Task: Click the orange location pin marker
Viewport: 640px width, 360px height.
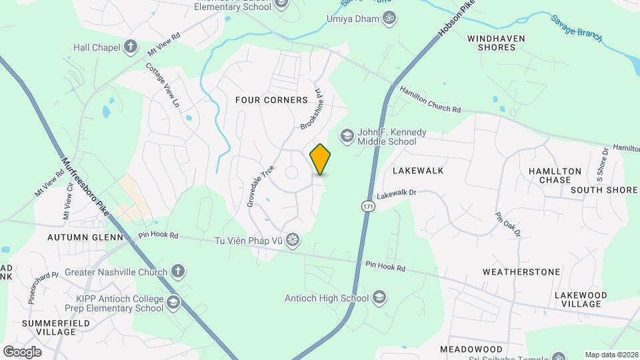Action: coord(321,159)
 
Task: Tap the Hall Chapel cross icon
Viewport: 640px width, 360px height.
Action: coord(131,47)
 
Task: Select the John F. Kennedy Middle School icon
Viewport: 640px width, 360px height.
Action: coord(347,136)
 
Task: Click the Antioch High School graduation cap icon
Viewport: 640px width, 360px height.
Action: coord(379,297)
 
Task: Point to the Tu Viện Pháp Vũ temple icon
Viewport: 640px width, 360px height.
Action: coord(293,240)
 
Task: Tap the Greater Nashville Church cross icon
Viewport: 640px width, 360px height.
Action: coord(177,271)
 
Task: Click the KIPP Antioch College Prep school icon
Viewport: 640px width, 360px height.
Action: coord(173,303)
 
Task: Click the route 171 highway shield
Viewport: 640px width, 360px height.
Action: coord(368,207)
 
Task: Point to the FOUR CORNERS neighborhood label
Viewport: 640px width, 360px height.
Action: coord(271,100)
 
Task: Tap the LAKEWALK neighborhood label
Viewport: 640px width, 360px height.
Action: coord(418,171)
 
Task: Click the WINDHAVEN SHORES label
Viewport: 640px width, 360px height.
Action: coord(501,43)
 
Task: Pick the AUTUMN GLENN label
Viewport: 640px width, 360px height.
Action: coord(85,237)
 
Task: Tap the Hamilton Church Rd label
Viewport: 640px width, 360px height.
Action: coord(430,100)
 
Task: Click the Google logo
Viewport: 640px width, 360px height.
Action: coord(22,351)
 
